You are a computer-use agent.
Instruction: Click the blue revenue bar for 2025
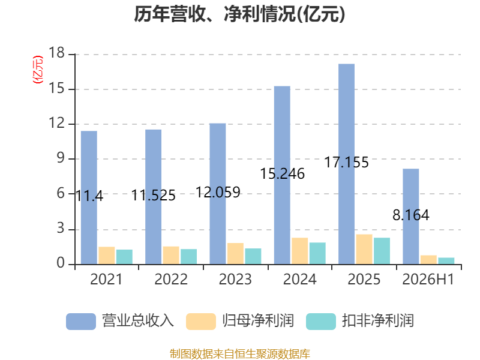click(347, 164)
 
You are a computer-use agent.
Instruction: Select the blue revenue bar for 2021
click(89, 198)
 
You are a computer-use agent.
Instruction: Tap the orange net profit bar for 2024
click(299, 251)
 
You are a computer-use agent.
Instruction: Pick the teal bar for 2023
click(253, 256)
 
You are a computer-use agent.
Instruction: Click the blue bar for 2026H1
click(411, 217)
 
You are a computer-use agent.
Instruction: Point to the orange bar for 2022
click(171, 256)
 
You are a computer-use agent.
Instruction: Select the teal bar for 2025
click(382, 251)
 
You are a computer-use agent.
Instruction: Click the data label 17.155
click(347, 162)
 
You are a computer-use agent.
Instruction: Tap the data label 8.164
click(411, 215)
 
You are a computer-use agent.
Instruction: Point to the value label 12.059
click(218, 193)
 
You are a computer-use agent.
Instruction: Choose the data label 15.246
click(282, 173)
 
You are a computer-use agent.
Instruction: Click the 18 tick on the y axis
click(56, 53)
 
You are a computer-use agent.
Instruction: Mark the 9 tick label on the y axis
click(61, 158)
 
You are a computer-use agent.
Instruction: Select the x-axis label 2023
click(235, 279)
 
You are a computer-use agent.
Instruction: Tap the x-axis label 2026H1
click(428, 279)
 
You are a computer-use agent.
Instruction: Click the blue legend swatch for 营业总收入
click(81, 322)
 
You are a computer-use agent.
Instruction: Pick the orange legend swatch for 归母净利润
click(201, 322)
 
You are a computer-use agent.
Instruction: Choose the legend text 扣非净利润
click(378, 321)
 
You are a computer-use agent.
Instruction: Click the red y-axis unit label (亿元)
click(38, 70)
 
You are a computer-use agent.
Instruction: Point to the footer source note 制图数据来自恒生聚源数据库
click(239, 354)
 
